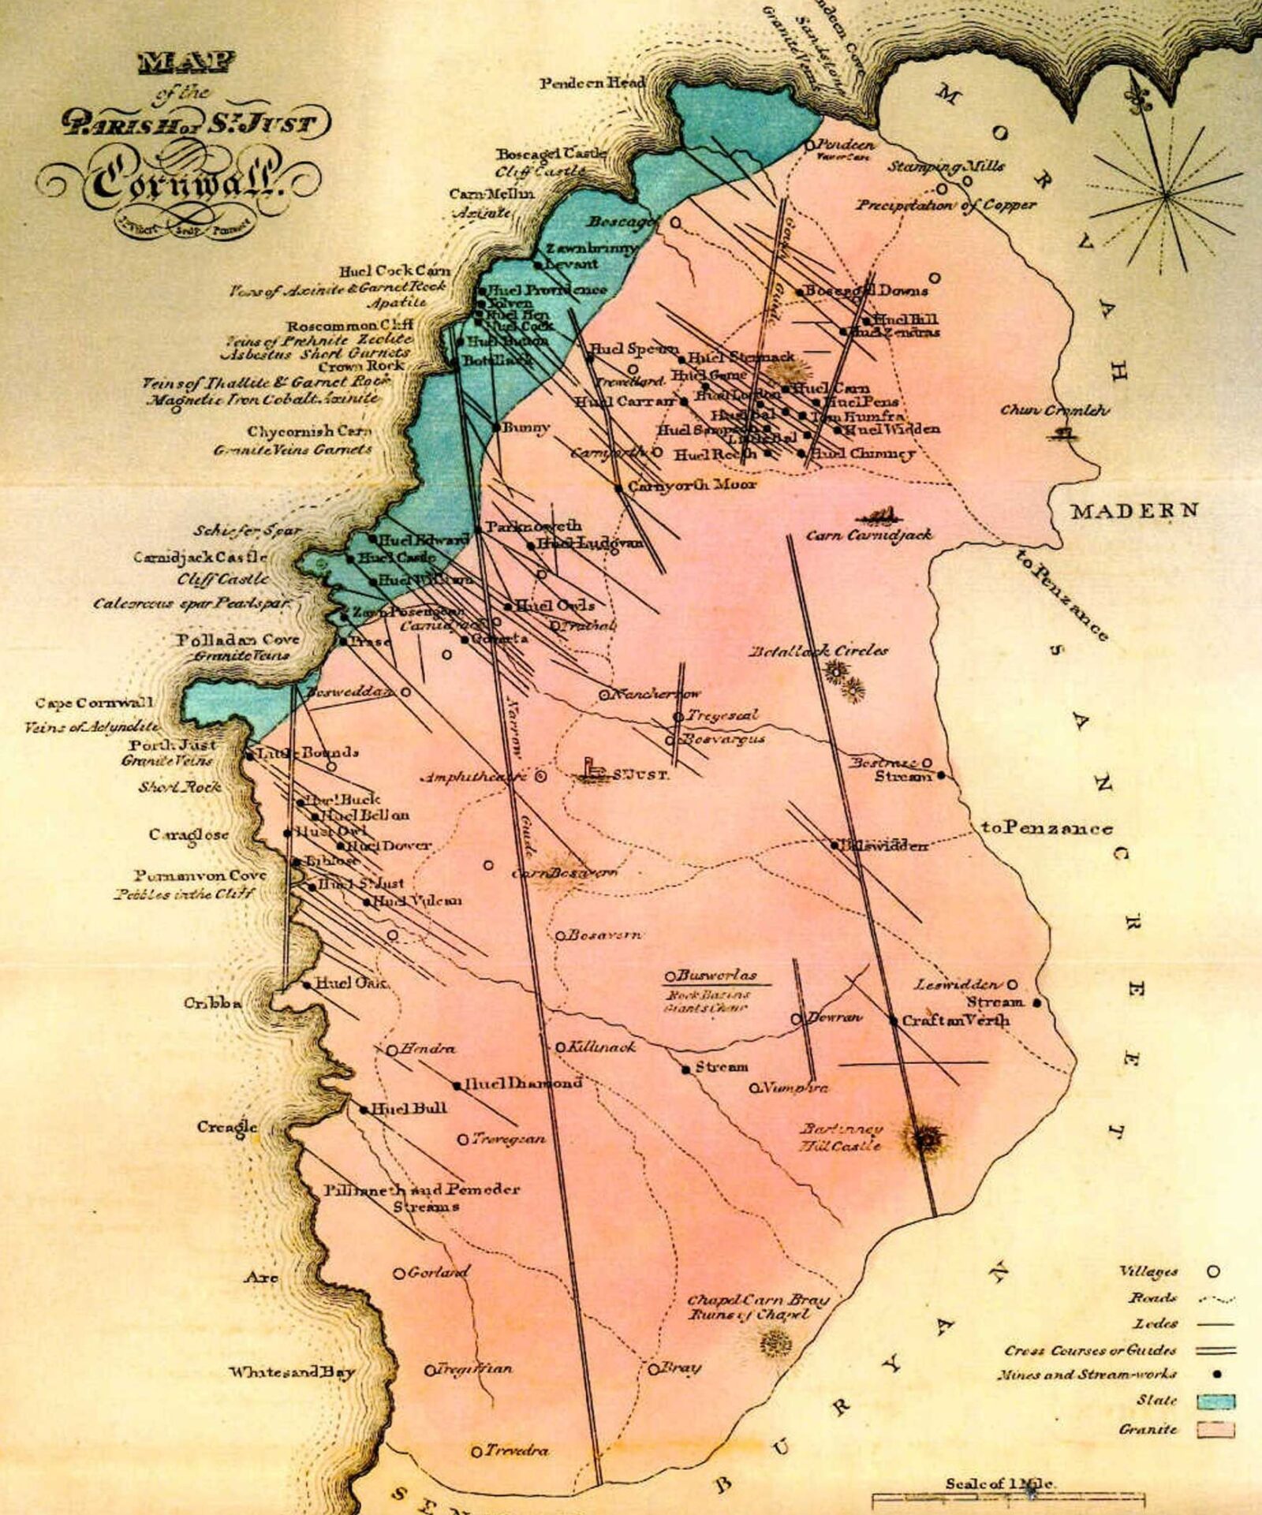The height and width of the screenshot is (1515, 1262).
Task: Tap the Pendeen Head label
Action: coord(592,82)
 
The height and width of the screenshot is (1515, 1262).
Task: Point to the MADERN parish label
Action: coord(1133,511)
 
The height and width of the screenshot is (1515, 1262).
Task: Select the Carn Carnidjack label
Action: coord(868,535)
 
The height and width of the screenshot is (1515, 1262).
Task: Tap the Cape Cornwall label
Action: coord(94,703)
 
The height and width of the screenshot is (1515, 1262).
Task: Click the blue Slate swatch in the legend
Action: coord(1215,1401)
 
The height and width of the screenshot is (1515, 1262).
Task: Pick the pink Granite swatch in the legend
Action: coord(1215,1430)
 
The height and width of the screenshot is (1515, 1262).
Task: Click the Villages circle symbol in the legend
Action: coord(1214,1271)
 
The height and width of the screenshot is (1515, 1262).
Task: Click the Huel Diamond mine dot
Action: coord(457,1086)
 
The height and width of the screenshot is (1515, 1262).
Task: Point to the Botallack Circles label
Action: coord(819,651)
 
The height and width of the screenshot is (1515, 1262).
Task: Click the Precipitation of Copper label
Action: coord(946,205)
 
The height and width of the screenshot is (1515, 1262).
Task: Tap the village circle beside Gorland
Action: coord(399,1273)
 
